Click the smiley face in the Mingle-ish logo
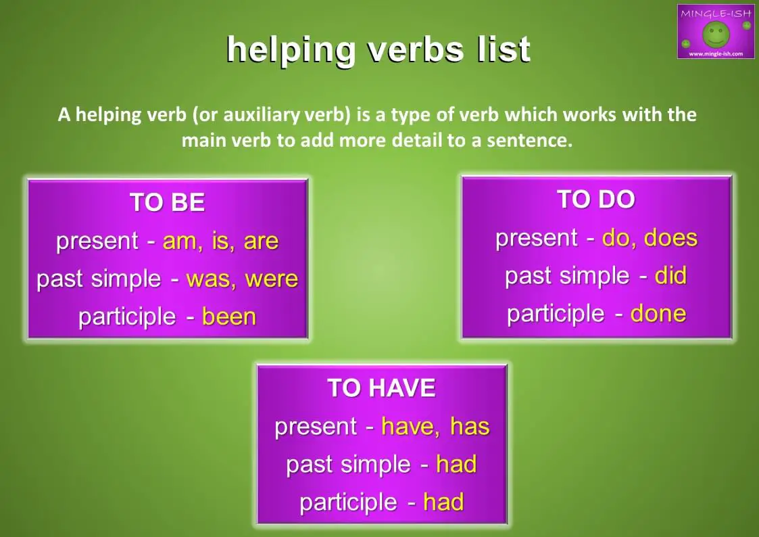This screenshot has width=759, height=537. pos(715,33)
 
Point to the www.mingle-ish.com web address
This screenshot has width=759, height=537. pos(715,53)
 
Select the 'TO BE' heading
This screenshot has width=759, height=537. pos(167,203)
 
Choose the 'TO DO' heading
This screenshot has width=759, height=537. pos(595,200)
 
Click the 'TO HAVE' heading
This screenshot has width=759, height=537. pos(381,388)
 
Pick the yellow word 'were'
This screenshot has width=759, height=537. pos(272,279)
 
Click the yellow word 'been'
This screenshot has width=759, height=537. pos(229,317)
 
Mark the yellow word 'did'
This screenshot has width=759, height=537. pos(670,276)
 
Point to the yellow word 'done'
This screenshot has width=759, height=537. pos(658,314)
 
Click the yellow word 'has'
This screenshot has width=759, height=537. pos(470,427)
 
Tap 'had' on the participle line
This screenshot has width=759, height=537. pos(443,503)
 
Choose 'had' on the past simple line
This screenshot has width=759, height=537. pos(456,465)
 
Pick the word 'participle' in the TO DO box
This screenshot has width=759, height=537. pos(546,314)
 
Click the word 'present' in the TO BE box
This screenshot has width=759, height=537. pos(99,241)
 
